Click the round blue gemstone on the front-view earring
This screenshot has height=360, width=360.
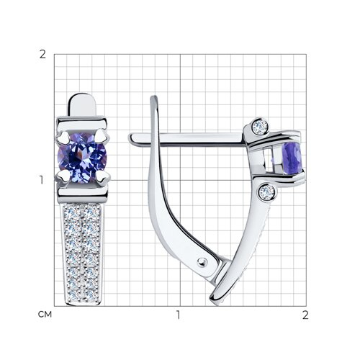(82, 158)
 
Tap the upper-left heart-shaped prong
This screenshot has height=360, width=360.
(63, 138)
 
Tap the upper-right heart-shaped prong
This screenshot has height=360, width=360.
(102, 138)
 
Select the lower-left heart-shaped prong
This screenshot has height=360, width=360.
(63, 178)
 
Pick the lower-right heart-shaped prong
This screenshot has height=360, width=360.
(102, 179)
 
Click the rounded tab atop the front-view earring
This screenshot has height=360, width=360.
(82, 105)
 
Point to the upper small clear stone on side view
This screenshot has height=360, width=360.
(260, 126)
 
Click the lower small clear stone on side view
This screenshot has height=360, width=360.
(267, 192)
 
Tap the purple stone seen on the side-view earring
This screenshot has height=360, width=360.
(292, 158)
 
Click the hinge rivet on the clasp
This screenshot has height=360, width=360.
(202, 262)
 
